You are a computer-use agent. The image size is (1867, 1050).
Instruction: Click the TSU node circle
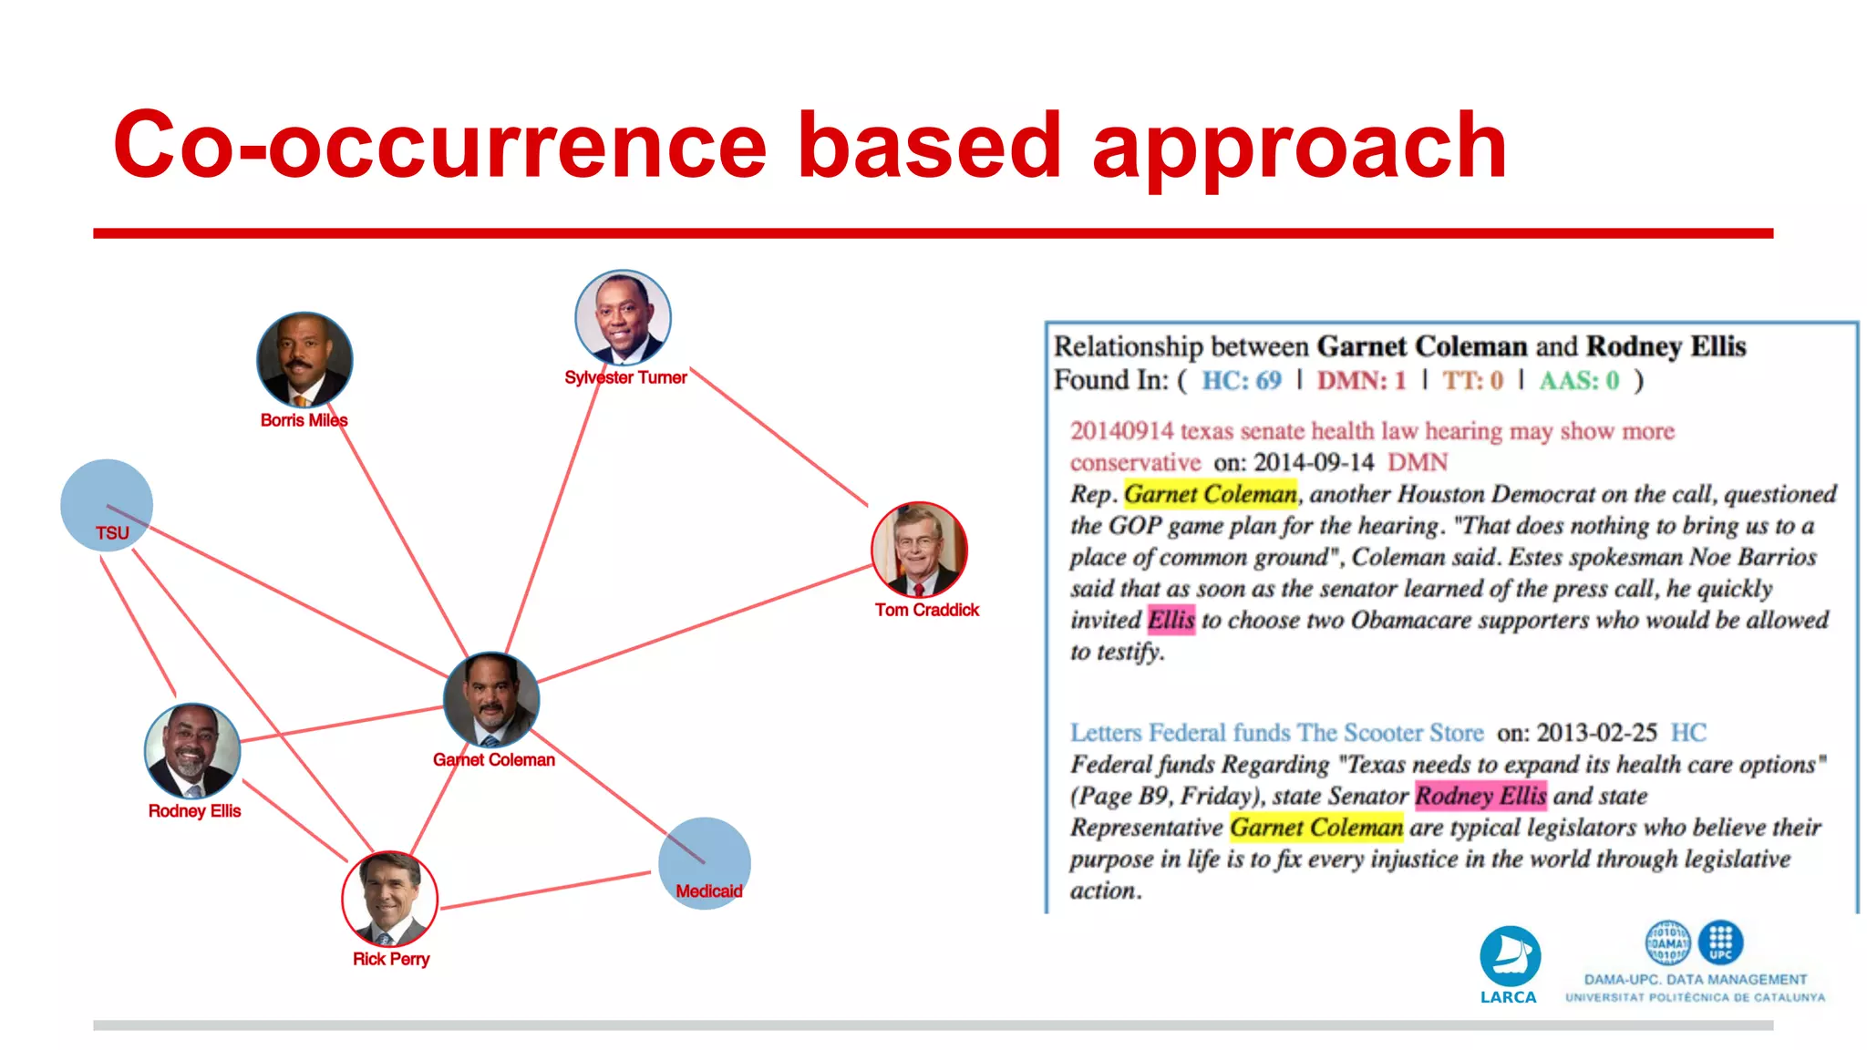pos(107,504)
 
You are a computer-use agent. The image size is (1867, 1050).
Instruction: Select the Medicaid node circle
pos(705,862)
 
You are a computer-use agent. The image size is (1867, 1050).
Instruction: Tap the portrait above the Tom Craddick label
pos(919,549)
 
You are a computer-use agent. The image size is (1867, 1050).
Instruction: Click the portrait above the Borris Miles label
pos(304,360)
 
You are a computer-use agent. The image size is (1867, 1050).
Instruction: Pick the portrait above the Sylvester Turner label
pos(624,317)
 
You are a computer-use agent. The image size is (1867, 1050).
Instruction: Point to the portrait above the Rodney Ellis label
pos(192,751)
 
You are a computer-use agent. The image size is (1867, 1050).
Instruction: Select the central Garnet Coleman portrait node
pos(491,700)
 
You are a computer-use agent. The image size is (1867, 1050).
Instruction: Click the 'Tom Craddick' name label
pos(926,610)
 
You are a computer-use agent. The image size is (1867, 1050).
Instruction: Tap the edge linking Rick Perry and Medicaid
pos(547,890)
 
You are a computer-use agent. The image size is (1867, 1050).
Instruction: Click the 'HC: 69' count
pos(1241,380)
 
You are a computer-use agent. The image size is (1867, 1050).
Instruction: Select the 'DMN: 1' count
pos(1361,380)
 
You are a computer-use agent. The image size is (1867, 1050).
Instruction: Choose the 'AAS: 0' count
pos(1579,380)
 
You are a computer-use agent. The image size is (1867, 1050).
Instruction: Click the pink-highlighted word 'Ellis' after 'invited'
pos(1171,620)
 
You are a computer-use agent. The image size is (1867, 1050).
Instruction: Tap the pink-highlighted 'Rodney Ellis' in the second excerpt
pos(1480,796)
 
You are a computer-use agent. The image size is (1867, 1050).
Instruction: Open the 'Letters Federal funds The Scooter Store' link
pos(1276,733)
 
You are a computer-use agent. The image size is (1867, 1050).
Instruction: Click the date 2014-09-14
pos(1314,462)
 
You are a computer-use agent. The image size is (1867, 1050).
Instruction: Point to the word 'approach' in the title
pos(1299,146)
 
